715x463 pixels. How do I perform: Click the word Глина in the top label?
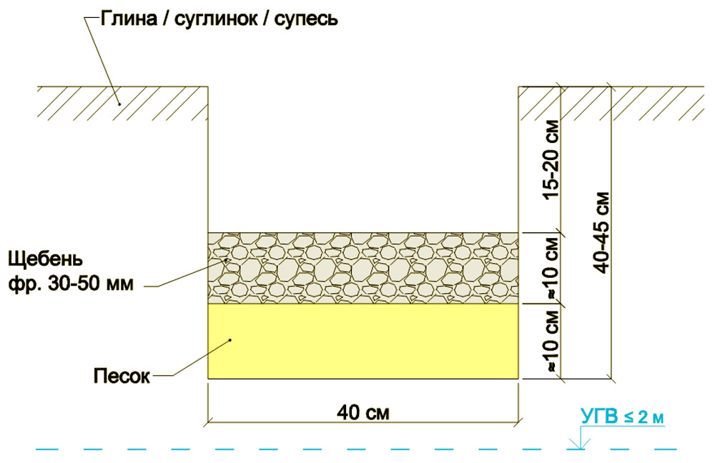[129, 19]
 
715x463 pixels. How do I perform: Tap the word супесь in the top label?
[306, 20]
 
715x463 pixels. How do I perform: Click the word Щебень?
[46, 259]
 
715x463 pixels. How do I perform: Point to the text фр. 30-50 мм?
[71, 284]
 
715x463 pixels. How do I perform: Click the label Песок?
[122, 377]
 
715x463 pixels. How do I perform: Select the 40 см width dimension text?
[363, 412]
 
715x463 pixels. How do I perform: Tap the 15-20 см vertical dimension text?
[551, 159]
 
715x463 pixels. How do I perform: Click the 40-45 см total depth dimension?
[602, 233]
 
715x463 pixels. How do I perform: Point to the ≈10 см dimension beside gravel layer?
[551, 268]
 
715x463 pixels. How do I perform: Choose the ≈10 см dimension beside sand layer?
[551, 342]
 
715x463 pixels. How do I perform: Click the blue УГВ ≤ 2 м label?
[623, 417]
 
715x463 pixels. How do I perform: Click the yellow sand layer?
[363, 342]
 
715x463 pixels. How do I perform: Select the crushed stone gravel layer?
[363, 268]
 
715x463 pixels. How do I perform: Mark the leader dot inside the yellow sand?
[231, 340]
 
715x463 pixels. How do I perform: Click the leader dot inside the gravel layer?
[227, 260]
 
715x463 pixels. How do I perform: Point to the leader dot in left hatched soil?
[119, 104]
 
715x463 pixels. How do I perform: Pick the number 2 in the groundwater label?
[643, 417]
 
